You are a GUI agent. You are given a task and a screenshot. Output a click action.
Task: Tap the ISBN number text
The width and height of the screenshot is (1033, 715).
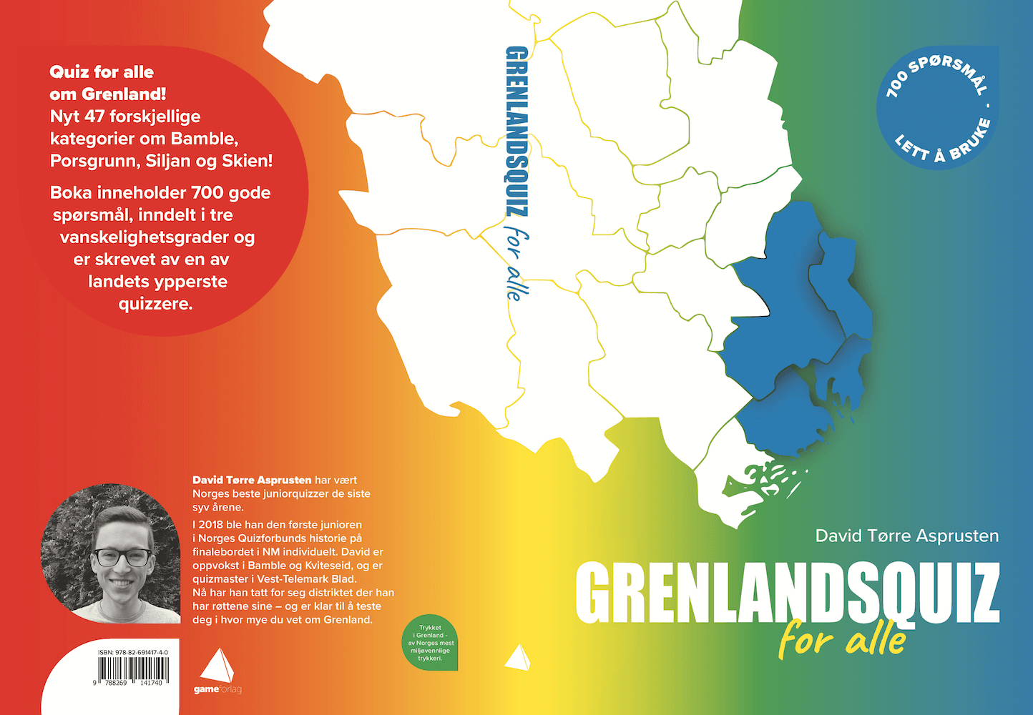[133, 653]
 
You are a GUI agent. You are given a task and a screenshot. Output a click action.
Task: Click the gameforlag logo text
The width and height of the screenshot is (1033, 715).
[217, 689]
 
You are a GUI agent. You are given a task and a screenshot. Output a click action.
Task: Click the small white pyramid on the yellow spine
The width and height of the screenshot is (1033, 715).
[518, 657]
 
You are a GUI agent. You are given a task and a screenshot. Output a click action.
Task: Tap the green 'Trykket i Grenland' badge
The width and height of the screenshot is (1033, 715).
[431, 642]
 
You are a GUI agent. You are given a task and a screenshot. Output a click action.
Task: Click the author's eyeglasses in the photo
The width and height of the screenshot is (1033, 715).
[123, 557]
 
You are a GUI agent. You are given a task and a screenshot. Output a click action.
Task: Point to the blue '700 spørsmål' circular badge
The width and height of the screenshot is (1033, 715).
[938, 108]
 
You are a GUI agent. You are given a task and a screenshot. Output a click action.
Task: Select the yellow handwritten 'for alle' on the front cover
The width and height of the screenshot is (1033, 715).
[843, 638]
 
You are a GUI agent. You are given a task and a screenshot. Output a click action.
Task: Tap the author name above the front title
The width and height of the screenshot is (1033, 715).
[906, 536]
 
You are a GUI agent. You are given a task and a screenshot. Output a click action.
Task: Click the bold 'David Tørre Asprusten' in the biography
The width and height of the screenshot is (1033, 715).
[252, 480]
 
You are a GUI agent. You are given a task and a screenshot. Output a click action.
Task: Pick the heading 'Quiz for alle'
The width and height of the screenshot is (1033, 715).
[102, 71]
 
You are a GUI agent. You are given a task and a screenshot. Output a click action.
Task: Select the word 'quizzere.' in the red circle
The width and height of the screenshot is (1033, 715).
[156, 303]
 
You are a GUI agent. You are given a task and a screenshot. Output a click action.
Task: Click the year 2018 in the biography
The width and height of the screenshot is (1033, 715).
[211, 524]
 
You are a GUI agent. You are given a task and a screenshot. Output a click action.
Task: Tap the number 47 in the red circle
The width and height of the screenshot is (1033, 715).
[94, 116]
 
